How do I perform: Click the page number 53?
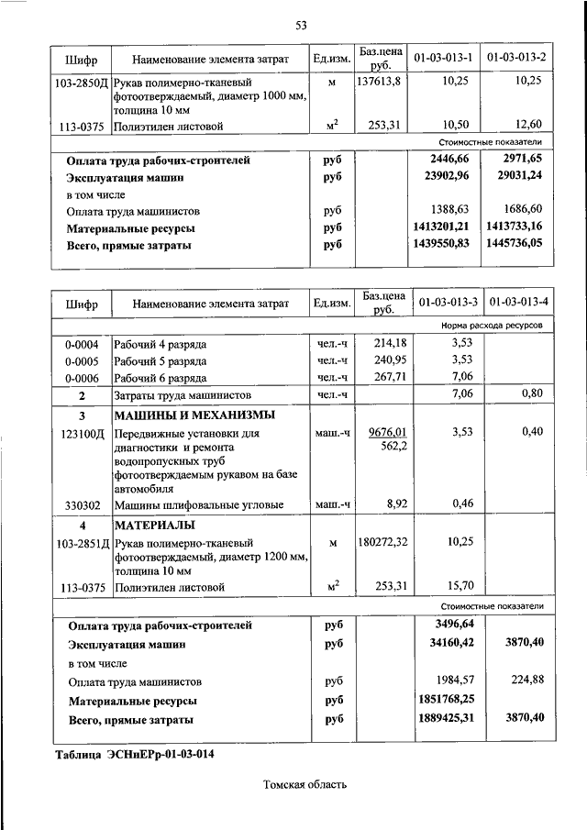click(x=300, y=25)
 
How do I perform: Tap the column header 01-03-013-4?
click(x=519, y=302)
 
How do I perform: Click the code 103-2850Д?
click(x=81, y=82)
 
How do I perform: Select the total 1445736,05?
click(x=515, y=246)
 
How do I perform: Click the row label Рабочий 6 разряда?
click(x=160, y=377)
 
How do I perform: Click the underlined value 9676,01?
click(x=387, y=432)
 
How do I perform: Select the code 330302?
click(x=81, y=504)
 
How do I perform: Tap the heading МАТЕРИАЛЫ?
click(x=153, y=526)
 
